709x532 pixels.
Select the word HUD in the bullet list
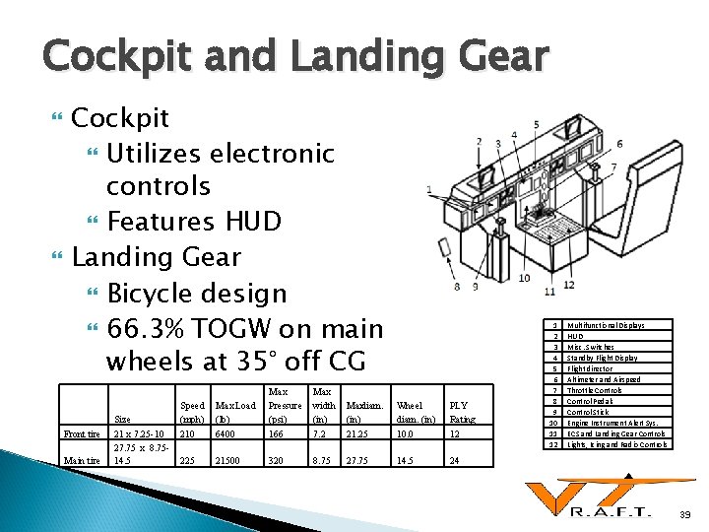(x=254, y=220)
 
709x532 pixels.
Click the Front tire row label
(x=81, y=434)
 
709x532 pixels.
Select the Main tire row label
(x=81, y=460)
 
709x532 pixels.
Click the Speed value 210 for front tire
(x=187, y=434)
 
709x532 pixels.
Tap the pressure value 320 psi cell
(x=277, y=460)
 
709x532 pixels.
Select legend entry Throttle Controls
(x=597, y=390)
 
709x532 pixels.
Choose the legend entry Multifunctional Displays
(x=606, y=325)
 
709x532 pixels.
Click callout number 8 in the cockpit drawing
(x=457, y=287)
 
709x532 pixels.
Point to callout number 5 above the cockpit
(x=537, y=125)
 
